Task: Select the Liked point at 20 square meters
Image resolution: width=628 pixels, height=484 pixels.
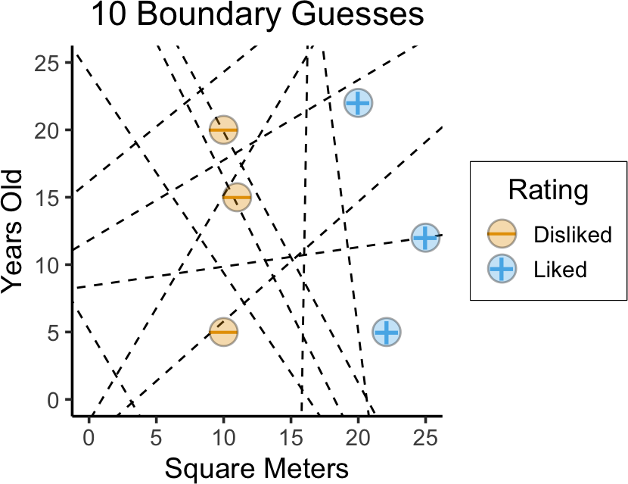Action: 358,103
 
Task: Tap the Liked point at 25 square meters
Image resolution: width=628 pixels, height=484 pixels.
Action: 425,238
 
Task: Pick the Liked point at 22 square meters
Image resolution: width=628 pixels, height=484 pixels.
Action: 385,332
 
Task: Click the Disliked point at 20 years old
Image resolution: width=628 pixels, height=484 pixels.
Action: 223,130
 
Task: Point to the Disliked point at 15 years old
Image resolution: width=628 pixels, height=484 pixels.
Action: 237,198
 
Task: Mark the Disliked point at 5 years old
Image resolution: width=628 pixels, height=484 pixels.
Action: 223,332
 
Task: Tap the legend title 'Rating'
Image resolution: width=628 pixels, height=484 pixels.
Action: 548,190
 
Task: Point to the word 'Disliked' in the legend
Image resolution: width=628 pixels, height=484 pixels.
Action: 572,236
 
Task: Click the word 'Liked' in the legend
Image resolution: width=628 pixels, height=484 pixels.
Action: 561,269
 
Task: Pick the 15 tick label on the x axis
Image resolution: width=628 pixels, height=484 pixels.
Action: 291,436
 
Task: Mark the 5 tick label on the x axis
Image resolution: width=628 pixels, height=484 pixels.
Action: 156,436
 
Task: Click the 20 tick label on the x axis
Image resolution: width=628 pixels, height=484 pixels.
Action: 358,436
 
